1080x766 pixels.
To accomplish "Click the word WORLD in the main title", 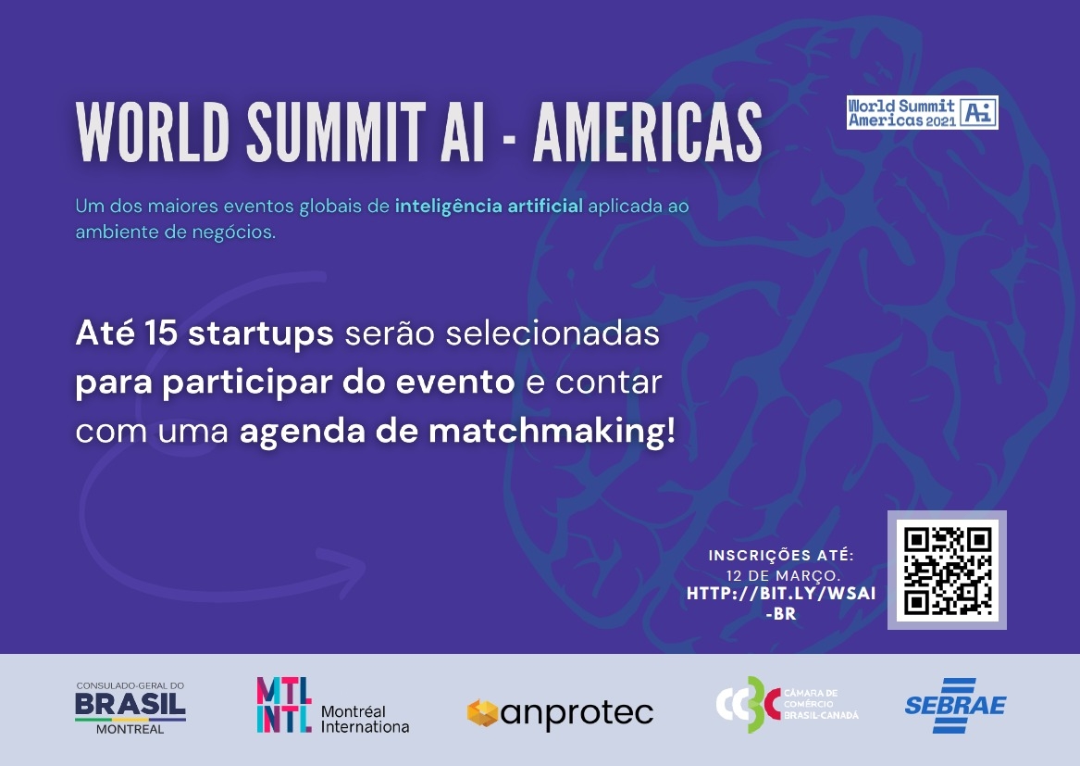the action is pos(152,132).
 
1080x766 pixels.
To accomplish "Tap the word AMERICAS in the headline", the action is pos(648,132).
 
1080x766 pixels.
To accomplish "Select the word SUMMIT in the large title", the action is pos(336,132).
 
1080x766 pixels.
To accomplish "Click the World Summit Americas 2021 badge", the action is pos(922,112).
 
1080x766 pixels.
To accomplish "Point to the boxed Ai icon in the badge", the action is pos(979,112).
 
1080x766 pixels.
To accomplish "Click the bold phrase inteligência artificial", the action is pos(489,206).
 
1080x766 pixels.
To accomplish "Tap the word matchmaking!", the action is pos(552,432).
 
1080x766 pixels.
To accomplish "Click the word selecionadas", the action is pos(552,333).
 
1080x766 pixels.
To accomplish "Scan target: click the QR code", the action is pos(947,571).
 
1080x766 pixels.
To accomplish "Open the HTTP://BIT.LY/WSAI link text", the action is pos(781,603).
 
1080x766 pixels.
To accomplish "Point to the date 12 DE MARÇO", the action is pos(782,575).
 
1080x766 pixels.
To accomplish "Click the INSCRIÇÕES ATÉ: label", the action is pos(781,555).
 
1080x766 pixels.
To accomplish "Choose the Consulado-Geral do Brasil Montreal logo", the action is pos(130,708).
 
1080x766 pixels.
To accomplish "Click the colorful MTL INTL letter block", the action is pos(284,704).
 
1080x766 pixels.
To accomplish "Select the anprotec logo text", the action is pos(577,713).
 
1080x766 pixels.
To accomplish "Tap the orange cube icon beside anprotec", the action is pos(482,713).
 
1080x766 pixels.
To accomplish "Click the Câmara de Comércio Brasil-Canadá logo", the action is pos(788,704).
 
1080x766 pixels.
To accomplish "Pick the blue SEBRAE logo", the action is pos(955,705).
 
